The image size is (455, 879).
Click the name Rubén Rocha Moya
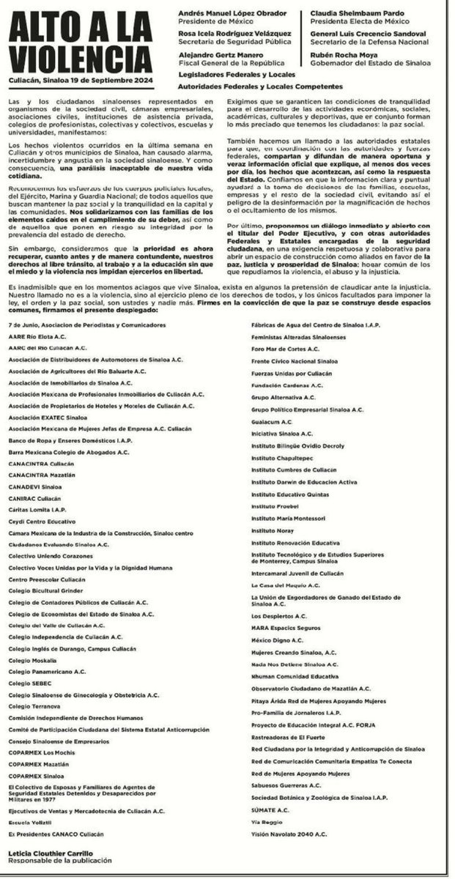click(340, 54)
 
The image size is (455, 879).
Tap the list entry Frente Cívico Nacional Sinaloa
click(294, 360)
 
